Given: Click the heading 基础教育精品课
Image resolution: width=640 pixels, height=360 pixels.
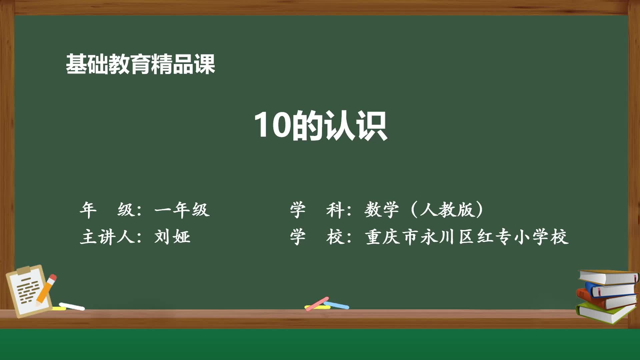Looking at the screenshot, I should [140, 64].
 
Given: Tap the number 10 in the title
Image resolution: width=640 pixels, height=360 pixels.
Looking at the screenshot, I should [272, 125].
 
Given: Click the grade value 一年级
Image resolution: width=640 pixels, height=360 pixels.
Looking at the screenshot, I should [182, 210].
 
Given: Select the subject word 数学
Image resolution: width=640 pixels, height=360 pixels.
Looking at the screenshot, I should [381, 210].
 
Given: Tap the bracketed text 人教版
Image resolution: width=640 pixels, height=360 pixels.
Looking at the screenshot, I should [447, 210].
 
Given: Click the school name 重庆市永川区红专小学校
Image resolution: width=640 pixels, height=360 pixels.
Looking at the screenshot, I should [467, 237].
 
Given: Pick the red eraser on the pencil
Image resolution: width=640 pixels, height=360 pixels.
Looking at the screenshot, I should [52, 278].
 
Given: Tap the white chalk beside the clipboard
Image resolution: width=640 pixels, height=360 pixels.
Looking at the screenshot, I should [72, 306].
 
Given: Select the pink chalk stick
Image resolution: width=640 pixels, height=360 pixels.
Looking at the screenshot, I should [317, 303].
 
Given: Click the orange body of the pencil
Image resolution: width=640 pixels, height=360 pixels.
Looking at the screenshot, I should [44, 292].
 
